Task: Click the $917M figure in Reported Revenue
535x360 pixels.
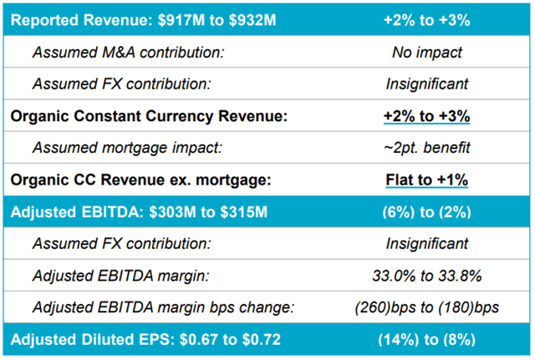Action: (181, 20)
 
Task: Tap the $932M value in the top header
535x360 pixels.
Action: (252, 20)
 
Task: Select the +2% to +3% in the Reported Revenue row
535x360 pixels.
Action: (427, 20)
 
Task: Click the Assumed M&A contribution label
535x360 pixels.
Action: (128, 53)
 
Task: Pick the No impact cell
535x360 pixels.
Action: (427, 53)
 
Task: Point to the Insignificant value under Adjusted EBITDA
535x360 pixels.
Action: (427, 244)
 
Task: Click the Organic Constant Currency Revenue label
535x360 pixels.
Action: (149, 116)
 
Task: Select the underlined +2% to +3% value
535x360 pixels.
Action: (427, 116)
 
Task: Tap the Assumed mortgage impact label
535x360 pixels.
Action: (127, 148)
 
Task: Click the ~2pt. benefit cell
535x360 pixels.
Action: (427, 148)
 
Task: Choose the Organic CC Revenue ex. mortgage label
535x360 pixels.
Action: (140, 180)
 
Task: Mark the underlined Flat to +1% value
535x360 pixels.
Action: (427, 180)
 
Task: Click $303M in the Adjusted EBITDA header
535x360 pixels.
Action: (173, 212)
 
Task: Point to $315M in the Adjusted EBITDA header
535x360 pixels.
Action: (243, 212)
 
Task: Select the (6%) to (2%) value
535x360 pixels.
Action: (427, 212)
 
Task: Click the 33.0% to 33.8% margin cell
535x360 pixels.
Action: (427, 276)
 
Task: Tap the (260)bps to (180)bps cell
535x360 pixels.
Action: (427, 307)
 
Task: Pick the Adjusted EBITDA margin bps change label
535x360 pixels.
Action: (163, 307)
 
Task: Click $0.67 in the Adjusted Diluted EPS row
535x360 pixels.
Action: (199, 340)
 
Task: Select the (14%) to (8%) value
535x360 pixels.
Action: (427, 340)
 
